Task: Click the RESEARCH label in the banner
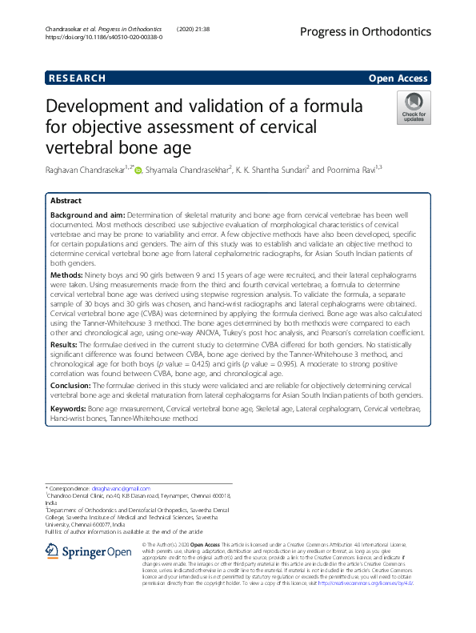(77, 78)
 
